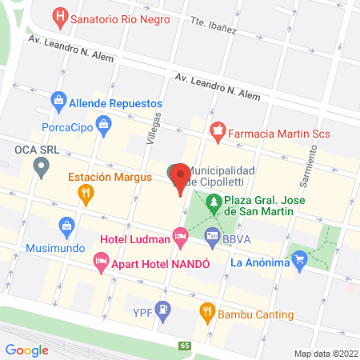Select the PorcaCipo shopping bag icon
click(x=103, y=124)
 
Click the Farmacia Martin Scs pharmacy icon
click(x=216, y=130)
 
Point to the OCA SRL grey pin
click(x=41, y=168)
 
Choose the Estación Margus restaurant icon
click(x=86, y=193)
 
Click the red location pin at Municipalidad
click(x=180, y=176)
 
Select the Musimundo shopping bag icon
click(x=65, y=228)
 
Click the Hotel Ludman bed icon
click(x=181, y=235)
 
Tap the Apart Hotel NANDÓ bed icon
click(x=101, y=260)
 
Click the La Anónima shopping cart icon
click(x=300, y=259)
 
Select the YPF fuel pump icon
click(x=163, y=308)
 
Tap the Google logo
click(x=26, y=349)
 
